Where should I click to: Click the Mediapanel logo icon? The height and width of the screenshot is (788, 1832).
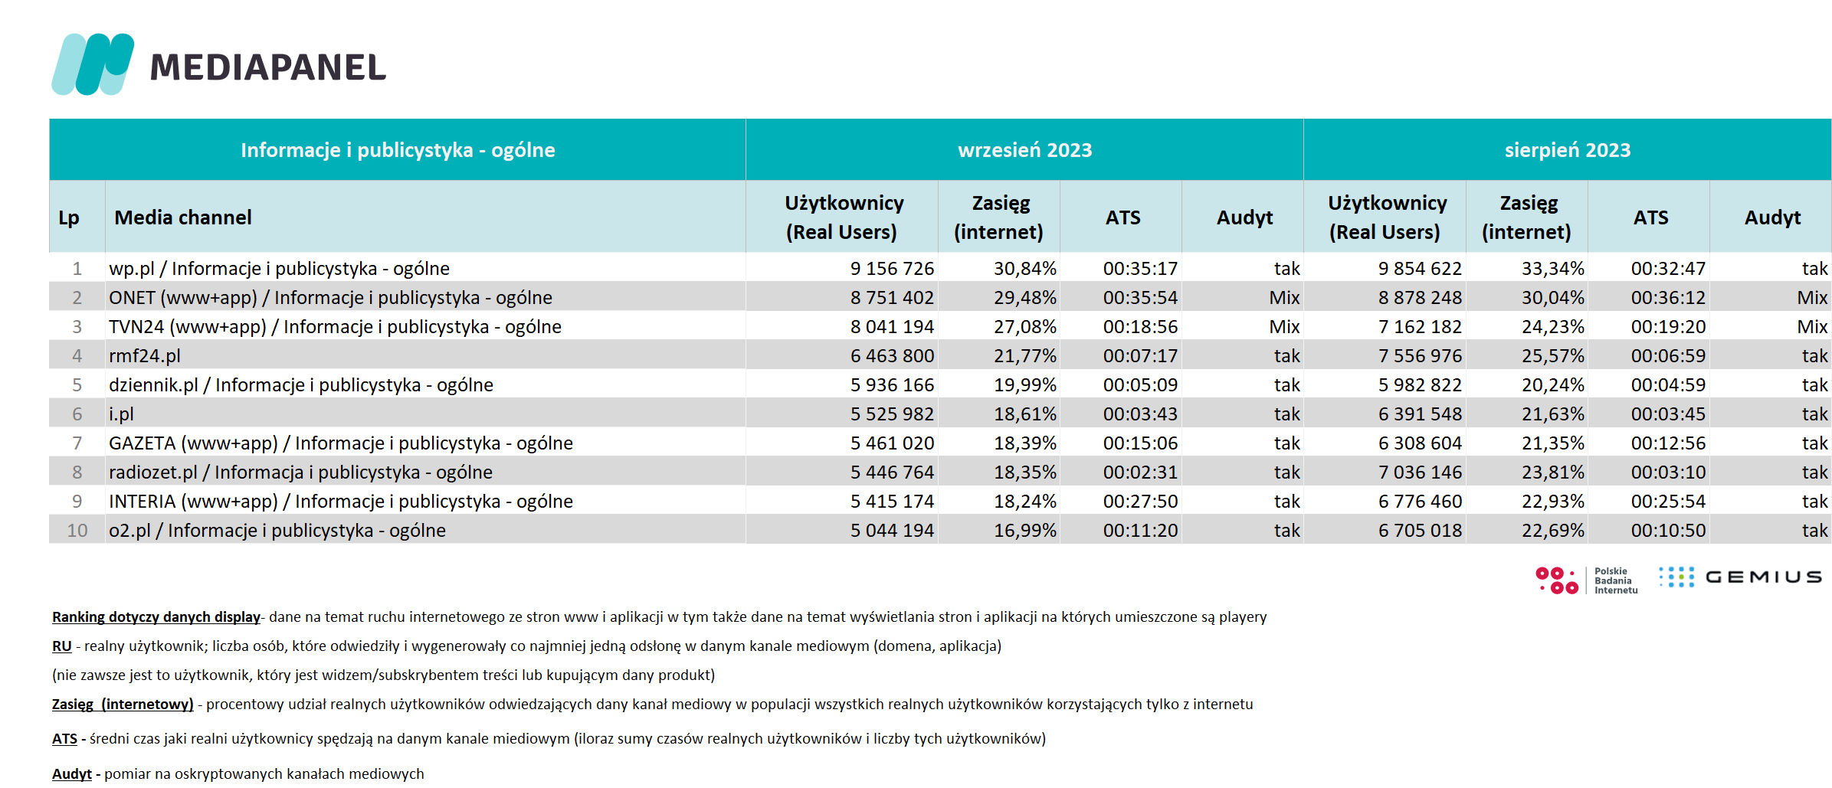click(93, 64)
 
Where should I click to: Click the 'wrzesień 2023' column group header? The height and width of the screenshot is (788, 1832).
click(1024, 150)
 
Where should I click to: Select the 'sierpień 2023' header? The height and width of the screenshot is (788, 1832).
click(1567, 150)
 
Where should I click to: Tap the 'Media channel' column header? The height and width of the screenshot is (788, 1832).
click(183, 217)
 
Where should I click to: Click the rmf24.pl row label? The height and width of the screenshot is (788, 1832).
click(145, 356)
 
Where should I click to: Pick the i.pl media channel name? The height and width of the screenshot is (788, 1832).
click(121, 414)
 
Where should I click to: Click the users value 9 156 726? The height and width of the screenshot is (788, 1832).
click(892, 269)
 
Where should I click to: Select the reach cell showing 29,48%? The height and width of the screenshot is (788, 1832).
click(1025, 298)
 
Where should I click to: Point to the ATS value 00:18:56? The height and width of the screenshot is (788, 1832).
click(1140, 327)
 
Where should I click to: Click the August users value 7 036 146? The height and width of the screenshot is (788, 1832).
click(1420, 472)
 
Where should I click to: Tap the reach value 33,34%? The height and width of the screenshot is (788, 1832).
click(1552, 269)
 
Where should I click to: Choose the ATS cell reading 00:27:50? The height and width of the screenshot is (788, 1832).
click(1140, 502)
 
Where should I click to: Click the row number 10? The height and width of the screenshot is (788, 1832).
click(77, 531)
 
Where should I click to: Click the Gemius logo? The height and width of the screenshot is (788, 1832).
click(1740, 577)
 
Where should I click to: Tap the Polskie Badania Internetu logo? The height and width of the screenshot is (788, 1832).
click(1586, 580)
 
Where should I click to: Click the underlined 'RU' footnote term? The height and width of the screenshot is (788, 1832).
click(61, 646)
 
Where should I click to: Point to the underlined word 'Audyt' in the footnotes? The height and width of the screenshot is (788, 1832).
click(72, 774)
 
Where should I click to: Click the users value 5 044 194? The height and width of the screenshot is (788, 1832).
click(892, 531)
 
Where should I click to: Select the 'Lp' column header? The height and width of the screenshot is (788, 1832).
click(69, 218)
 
